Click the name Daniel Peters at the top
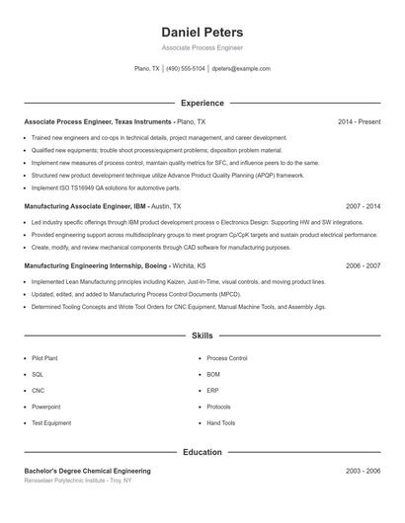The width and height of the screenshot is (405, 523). pos(202,32)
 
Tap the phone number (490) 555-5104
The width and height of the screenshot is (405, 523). pos(186,69)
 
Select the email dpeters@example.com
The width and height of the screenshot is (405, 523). pos(241,69)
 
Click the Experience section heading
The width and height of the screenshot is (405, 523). pos(202,103)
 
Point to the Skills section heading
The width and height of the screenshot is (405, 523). pos(202,336)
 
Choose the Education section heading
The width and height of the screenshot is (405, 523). pos(202,452)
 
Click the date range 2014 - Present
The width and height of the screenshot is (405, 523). pos(359,121)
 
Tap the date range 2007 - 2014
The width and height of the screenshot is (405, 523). pos(363,207)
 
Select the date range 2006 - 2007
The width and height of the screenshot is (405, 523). pos(363,265)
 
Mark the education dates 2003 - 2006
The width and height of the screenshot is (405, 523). pos(363,471)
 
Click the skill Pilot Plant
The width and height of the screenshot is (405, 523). pos(45,358)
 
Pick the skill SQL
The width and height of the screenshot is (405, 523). pos(38,374)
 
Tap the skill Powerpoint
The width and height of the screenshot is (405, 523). pos(45,407)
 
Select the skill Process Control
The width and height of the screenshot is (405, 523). pos(226,358)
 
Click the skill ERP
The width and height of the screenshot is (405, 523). pos(213,391)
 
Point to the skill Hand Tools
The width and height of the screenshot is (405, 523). pos(221,422)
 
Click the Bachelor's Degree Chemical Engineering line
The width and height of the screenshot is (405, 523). pos(87,471)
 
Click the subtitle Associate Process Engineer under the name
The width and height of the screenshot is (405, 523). pos(202,47)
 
